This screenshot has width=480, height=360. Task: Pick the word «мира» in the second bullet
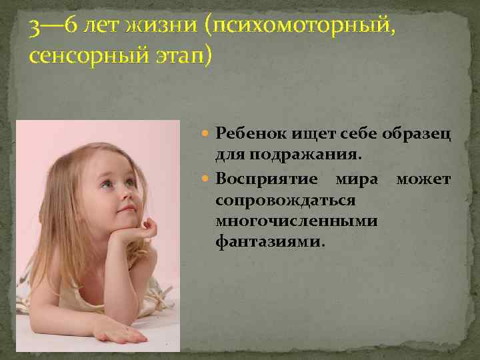click(356, 180)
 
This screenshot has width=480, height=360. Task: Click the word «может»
click(423, 180)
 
